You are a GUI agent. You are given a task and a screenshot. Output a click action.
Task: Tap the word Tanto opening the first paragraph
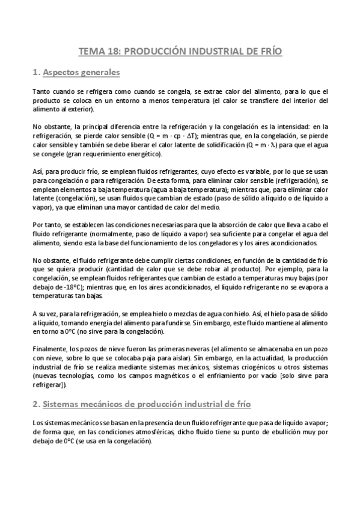[41, 91]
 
